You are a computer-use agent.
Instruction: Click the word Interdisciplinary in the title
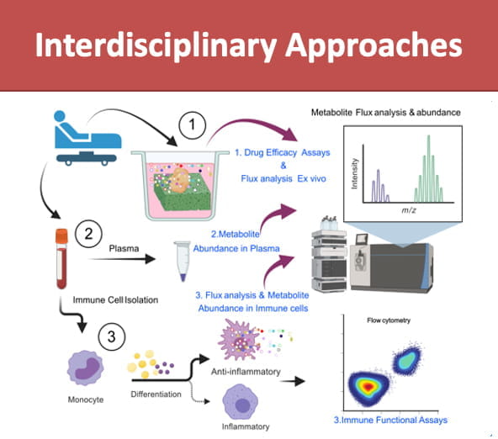click(x=159, y=45)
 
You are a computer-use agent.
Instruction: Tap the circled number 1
click(x=193, y=126)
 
